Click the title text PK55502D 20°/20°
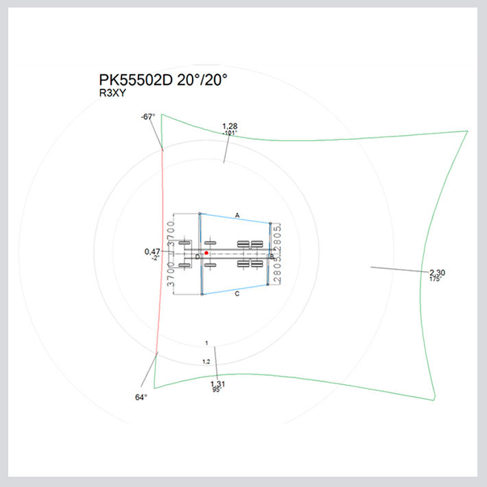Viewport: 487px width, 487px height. tap(163, 80)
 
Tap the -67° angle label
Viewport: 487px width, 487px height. tap(148, 117)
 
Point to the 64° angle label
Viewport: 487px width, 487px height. tap(142, 396)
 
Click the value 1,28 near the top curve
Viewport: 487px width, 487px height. tap(230, 126)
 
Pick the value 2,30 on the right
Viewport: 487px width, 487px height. tap(438, 272)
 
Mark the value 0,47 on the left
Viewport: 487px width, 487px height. tap(152, 252)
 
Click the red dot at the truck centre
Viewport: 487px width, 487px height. tap(206, 253)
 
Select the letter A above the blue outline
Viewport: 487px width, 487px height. tap(237, 215)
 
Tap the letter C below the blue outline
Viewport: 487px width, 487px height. tap(237, 294)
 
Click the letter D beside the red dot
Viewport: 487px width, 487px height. tap(198, 257)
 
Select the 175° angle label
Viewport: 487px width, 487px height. tap(435, 279)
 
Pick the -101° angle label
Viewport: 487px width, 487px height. tap(230, 133)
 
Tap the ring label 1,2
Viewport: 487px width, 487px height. tap(206, 361)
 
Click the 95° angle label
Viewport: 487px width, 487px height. tap(217, 390)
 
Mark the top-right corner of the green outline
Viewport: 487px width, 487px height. tap(467, 131)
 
